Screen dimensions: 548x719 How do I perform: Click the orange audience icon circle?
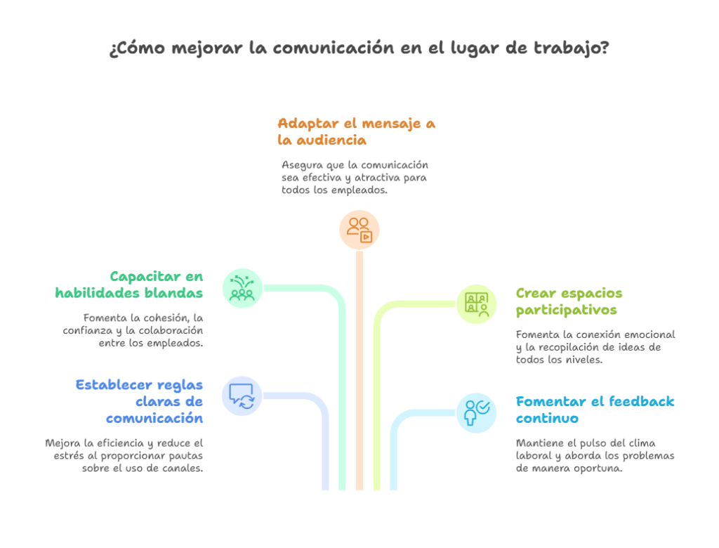coord(359,229)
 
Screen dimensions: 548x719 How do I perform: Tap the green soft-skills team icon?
coord(242,288)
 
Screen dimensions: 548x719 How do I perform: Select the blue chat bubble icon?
coord(242,396)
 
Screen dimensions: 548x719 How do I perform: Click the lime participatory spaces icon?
coord(477,304)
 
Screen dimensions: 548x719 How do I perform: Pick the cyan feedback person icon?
coord(477,412)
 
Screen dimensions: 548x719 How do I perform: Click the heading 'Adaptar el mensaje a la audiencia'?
coord(356,131)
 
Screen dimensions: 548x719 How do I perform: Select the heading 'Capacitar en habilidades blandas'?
coord(129,285)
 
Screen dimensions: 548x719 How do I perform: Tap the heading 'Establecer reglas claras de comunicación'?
coord(140,401)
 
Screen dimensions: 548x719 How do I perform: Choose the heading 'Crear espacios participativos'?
coord(569,301)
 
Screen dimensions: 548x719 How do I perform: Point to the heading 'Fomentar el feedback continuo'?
coord(595,410)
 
